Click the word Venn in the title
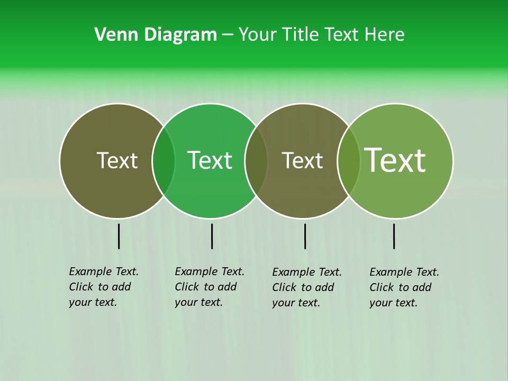pyautogui.click(x=112, y=34)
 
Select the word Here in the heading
pyautogui.click(x=385, y=34)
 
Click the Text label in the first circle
pyautogui.click(x=117, y=160)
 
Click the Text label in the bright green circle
pyautogui.click(x=210, y=160)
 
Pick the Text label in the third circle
pyautogui.click(x=302, y=160)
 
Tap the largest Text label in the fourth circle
pyautogui.click(x=395, y=160)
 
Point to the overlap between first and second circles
pyautogui.click(x=164, y=161)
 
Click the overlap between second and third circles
pyautogui.click(x=256, y=161)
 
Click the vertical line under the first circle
pyautogui.click(x=119, y=236)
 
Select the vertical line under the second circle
pyautogui.click(x=212, y=236)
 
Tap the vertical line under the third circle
pyautogui.click(x=305, y=236)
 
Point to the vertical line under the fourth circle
pyautogui.click(x=394, y=236)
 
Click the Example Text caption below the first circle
pyautogui.click(x=104, y=287)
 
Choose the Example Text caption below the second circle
pyautogui.click(x=210, y=287)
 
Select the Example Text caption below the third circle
pyautogui.click(x=307, y=287)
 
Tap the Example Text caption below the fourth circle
pyautogui.click(x=404, y=287)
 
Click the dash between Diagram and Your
pyautogui.click(x=228, y=35)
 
